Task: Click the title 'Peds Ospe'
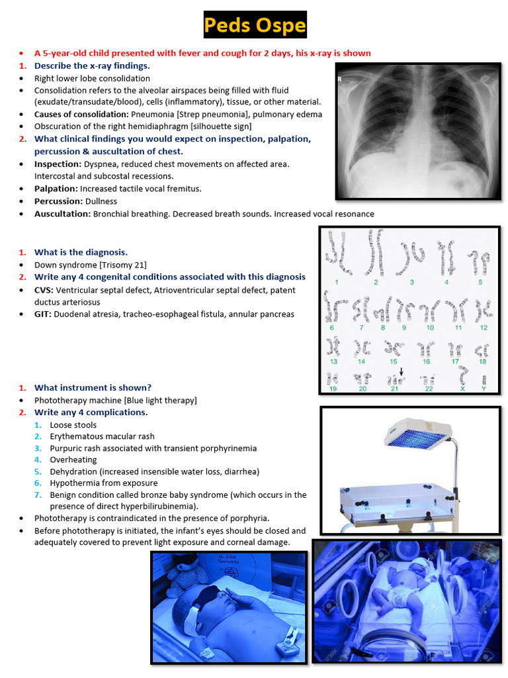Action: pyautogui.click(x=255, y=26)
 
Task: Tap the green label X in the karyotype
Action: pyautogui.click(x=463, y=389)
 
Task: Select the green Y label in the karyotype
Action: pyautogui.click(x=484, y=389)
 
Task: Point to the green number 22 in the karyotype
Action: pyautogui.click(x=429, y=389)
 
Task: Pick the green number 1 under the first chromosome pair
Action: pyautogui.click(x=337, y=282)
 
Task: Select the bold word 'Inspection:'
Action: pyautogui.click(x=58, y=164)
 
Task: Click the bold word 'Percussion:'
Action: pyautogui.click(x=58, y=201)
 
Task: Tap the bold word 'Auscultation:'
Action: pyautogui.click(x=62, y=214)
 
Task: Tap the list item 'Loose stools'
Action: pyautogui.click(x=73, y=425)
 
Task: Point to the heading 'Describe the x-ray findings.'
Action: pyautogui.click(x=92, y=66)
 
